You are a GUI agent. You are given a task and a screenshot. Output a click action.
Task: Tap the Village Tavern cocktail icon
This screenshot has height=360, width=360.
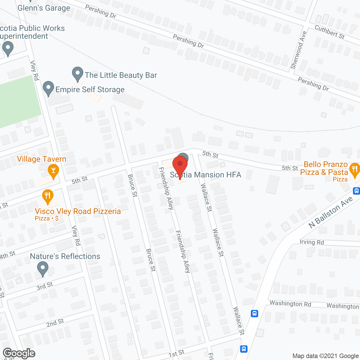point(53,170)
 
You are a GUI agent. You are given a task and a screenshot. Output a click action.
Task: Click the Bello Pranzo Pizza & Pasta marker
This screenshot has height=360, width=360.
point(354,169)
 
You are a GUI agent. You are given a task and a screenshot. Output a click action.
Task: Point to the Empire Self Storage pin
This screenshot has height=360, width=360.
point(48,88)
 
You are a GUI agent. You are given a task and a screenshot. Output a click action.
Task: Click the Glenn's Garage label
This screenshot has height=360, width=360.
point(44,8)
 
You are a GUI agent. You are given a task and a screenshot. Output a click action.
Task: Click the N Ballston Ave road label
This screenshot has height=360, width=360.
point(330,212)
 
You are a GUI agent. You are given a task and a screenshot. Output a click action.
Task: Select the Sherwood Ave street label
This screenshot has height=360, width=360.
point(298,50)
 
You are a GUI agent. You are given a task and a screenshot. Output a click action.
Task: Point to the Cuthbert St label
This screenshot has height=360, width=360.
point(329,32)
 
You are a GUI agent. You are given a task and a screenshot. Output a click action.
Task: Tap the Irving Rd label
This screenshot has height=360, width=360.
point(312,242)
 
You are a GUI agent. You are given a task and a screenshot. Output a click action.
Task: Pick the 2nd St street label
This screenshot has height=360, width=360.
point(55,323)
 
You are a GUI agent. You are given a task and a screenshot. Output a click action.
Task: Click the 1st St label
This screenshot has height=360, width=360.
point(176,354)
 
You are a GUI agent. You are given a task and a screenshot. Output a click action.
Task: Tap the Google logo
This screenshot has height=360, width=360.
point(19,353)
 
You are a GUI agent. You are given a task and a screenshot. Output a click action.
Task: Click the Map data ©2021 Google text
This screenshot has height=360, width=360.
point(325,356)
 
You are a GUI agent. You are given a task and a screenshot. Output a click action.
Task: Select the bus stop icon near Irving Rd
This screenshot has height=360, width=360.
point(254,313)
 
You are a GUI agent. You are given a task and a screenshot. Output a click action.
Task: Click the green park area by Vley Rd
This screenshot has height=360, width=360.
point(17,101)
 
